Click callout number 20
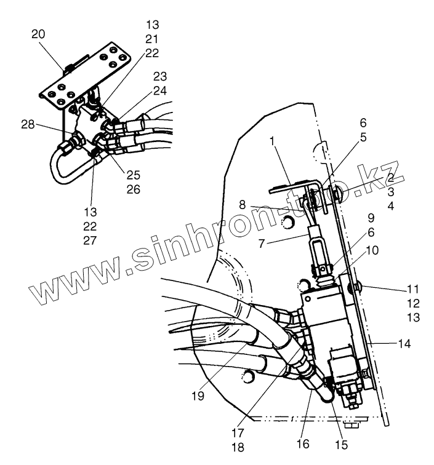coord(38,35)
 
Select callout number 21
coord(152,39)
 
